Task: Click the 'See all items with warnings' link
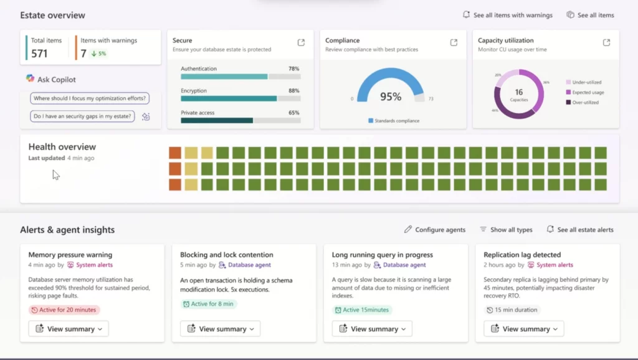pos(507,15)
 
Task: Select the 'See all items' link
pos(590,15)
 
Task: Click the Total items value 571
pos(39,54)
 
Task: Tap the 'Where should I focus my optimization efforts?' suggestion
pos(90,98)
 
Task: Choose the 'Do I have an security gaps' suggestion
pos(82,116)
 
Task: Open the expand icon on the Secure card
pos(301,42)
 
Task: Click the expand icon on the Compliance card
pos(454,42)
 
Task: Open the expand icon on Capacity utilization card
pos(606,42)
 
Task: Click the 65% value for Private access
pos(293,113)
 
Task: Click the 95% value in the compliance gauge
pos(391,97)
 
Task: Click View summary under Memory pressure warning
pos(69,329)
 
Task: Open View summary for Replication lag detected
pos(524,329)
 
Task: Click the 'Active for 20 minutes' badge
pos(64,310)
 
